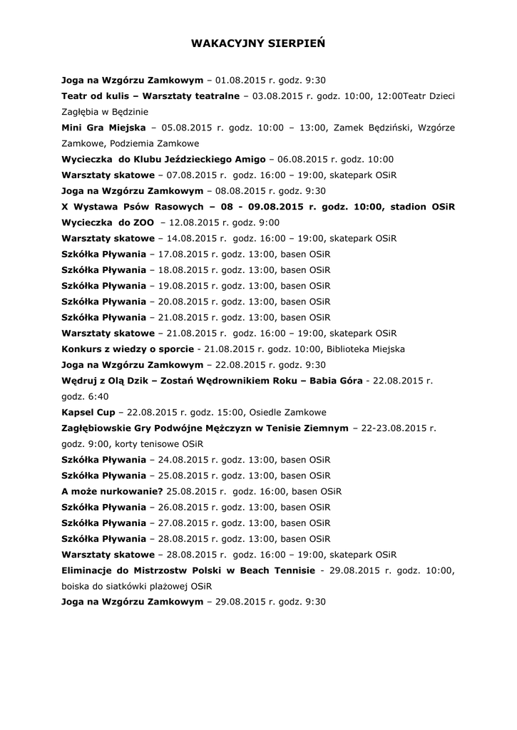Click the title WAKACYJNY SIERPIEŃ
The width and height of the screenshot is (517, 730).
click(x=258, y=43)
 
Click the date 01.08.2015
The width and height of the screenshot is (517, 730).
click(x=239, y=80)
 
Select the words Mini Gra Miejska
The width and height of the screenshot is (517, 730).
click(x=104, y=128)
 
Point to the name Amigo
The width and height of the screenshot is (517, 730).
click(x=250, y=159)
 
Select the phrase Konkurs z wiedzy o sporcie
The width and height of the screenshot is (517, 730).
click(x=128, y=349)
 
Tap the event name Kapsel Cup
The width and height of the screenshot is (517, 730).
click(x=89, y=412)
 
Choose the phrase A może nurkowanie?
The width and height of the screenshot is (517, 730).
click(x=113, y=491)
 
